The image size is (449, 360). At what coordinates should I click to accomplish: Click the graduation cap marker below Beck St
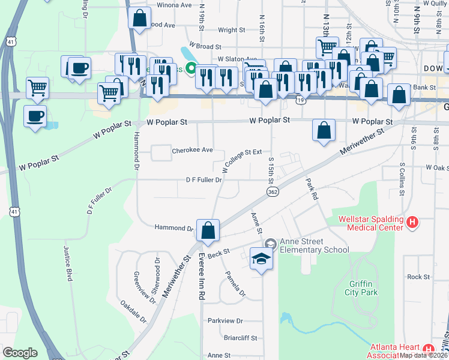[261, 259]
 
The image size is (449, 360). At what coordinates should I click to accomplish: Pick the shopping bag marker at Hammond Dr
[208, 231]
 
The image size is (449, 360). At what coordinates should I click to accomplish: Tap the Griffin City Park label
[363, 288]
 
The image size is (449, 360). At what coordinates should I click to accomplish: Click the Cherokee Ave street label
[193, 150]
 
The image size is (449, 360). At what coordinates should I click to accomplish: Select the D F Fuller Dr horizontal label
[208, 179]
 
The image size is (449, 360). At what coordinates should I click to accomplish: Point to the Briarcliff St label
[240, 337]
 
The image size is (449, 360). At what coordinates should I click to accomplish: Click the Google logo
[20, 353]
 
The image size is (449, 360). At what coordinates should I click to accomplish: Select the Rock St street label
[418, 277]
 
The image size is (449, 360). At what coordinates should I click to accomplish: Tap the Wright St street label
[232, 29]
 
